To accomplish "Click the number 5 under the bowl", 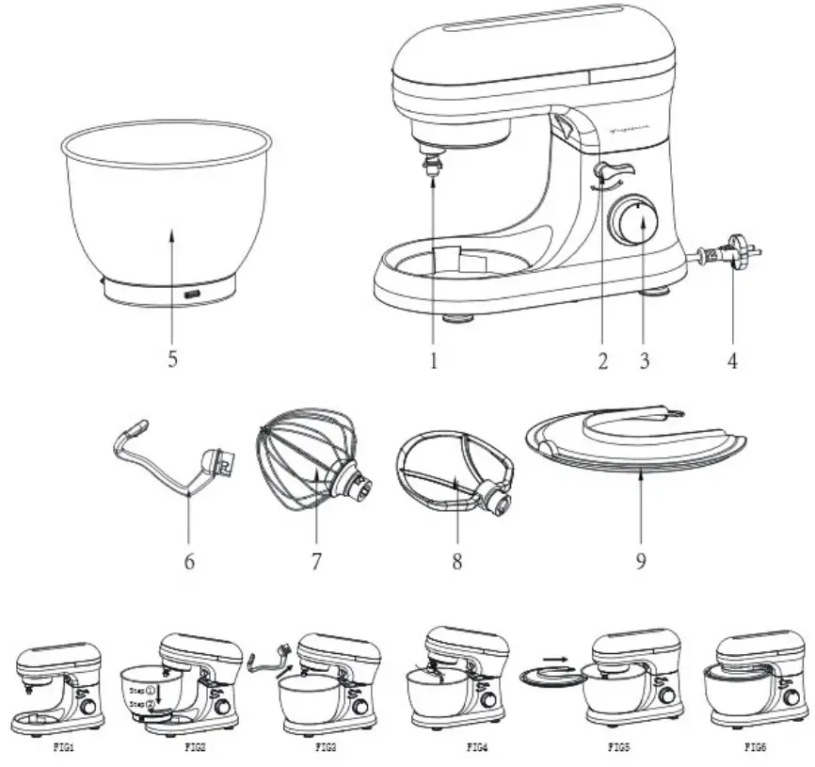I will (x=172, y=361).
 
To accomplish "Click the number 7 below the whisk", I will (x=316, y=562).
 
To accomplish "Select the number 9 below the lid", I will (x=638, y=562).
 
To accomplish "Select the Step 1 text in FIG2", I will (x=142, y=690).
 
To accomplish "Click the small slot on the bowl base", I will (x=191, y=295).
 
